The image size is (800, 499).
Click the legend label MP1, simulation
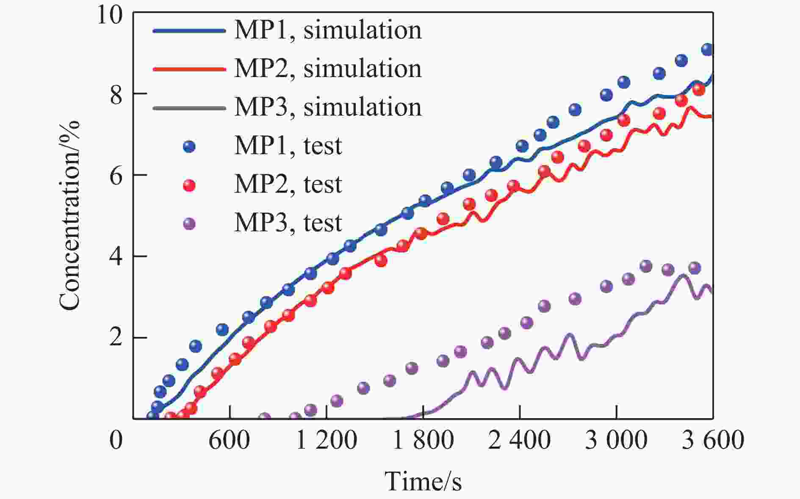point(328,30)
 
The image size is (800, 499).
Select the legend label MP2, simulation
point(328,69)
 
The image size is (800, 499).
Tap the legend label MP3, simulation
point(328,107)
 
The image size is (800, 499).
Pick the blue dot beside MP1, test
point(189,146)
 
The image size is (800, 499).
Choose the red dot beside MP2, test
point(189,185)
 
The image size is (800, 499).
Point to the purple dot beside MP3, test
point(189,223)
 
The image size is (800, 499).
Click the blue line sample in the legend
point(189,30)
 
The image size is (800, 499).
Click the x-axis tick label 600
point(229,440)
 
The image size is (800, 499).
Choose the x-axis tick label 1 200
point(326,440)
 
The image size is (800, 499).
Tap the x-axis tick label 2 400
point(519,440)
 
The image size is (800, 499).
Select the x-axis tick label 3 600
point(713,440)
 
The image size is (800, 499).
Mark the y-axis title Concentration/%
point(69,216)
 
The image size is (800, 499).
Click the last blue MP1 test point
point(707,50)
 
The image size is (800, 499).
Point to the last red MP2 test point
point(699,90)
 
